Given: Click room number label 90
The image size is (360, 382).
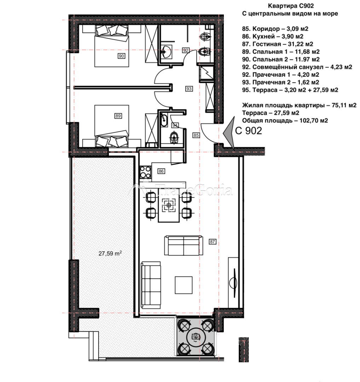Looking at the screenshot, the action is coord(121,56).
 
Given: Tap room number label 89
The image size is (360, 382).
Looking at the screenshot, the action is coord(118,116).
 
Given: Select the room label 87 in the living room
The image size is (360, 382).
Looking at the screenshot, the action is coord(213,241).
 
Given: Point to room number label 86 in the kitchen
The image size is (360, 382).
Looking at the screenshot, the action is coord(161,171).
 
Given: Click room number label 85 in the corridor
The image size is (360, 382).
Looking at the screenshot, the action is coord(196,135).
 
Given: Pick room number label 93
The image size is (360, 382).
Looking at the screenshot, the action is coord(189,89).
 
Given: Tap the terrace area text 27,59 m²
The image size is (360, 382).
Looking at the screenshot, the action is coord(110,253).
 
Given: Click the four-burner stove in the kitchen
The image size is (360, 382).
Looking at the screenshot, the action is coord(145,172).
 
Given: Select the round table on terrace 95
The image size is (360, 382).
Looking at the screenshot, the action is coord(196,337).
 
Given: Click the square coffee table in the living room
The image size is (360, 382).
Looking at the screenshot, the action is coord(184,285).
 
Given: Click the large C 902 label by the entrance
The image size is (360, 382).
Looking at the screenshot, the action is coord(249,131).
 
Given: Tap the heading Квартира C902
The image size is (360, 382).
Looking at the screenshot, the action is coord(291,6).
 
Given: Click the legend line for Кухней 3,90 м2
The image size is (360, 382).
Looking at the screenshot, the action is coord(273,36).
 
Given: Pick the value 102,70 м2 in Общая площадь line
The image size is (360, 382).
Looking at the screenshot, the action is coord(314,120).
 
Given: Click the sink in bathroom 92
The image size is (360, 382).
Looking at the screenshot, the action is coord(166,51).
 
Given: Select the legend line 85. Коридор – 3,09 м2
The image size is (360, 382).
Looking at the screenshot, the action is coord(275,29).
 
